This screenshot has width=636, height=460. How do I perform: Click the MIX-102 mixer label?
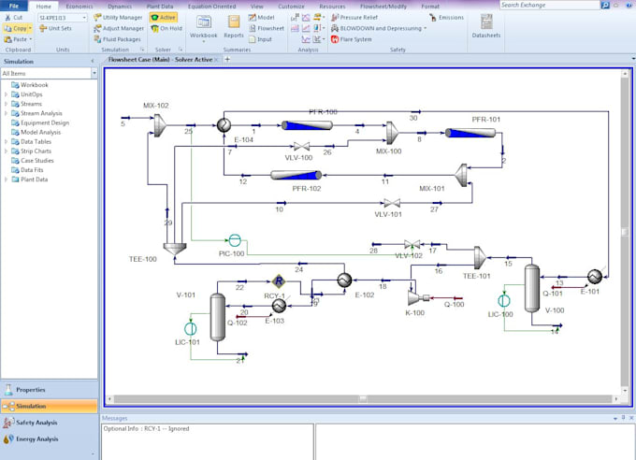(156, 106)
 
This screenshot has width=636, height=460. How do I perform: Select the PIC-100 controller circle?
(235, 240)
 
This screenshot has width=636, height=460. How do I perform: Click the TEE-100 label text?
(143, 258)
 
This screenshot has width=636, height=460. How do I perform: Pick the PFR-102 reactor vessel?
(296, 174)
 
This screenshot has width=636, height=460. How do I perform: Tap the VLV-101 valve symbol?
(394, 203)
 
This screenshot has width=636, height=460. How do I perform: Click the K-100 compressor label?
(414, 311)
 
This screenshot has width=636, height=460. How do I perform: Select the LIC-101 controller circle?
(191, 328)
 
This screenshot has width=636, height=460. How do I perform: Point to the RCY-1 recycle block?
(278, 280)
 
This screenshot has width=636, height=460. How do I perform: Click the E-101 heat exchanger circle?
(594, 276)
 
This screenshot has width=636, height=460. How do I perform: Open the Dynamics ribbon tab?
(119, 6)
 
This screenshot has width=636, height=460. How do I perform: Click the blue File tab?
(15, 6)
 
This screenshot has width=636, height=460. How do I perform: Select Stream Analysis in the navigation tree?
(41, 113)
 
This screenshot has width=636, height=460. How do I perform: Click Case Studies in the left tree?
(37, 160)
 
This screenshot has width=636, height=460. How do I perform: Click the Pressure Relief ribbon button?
(359, 17)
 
